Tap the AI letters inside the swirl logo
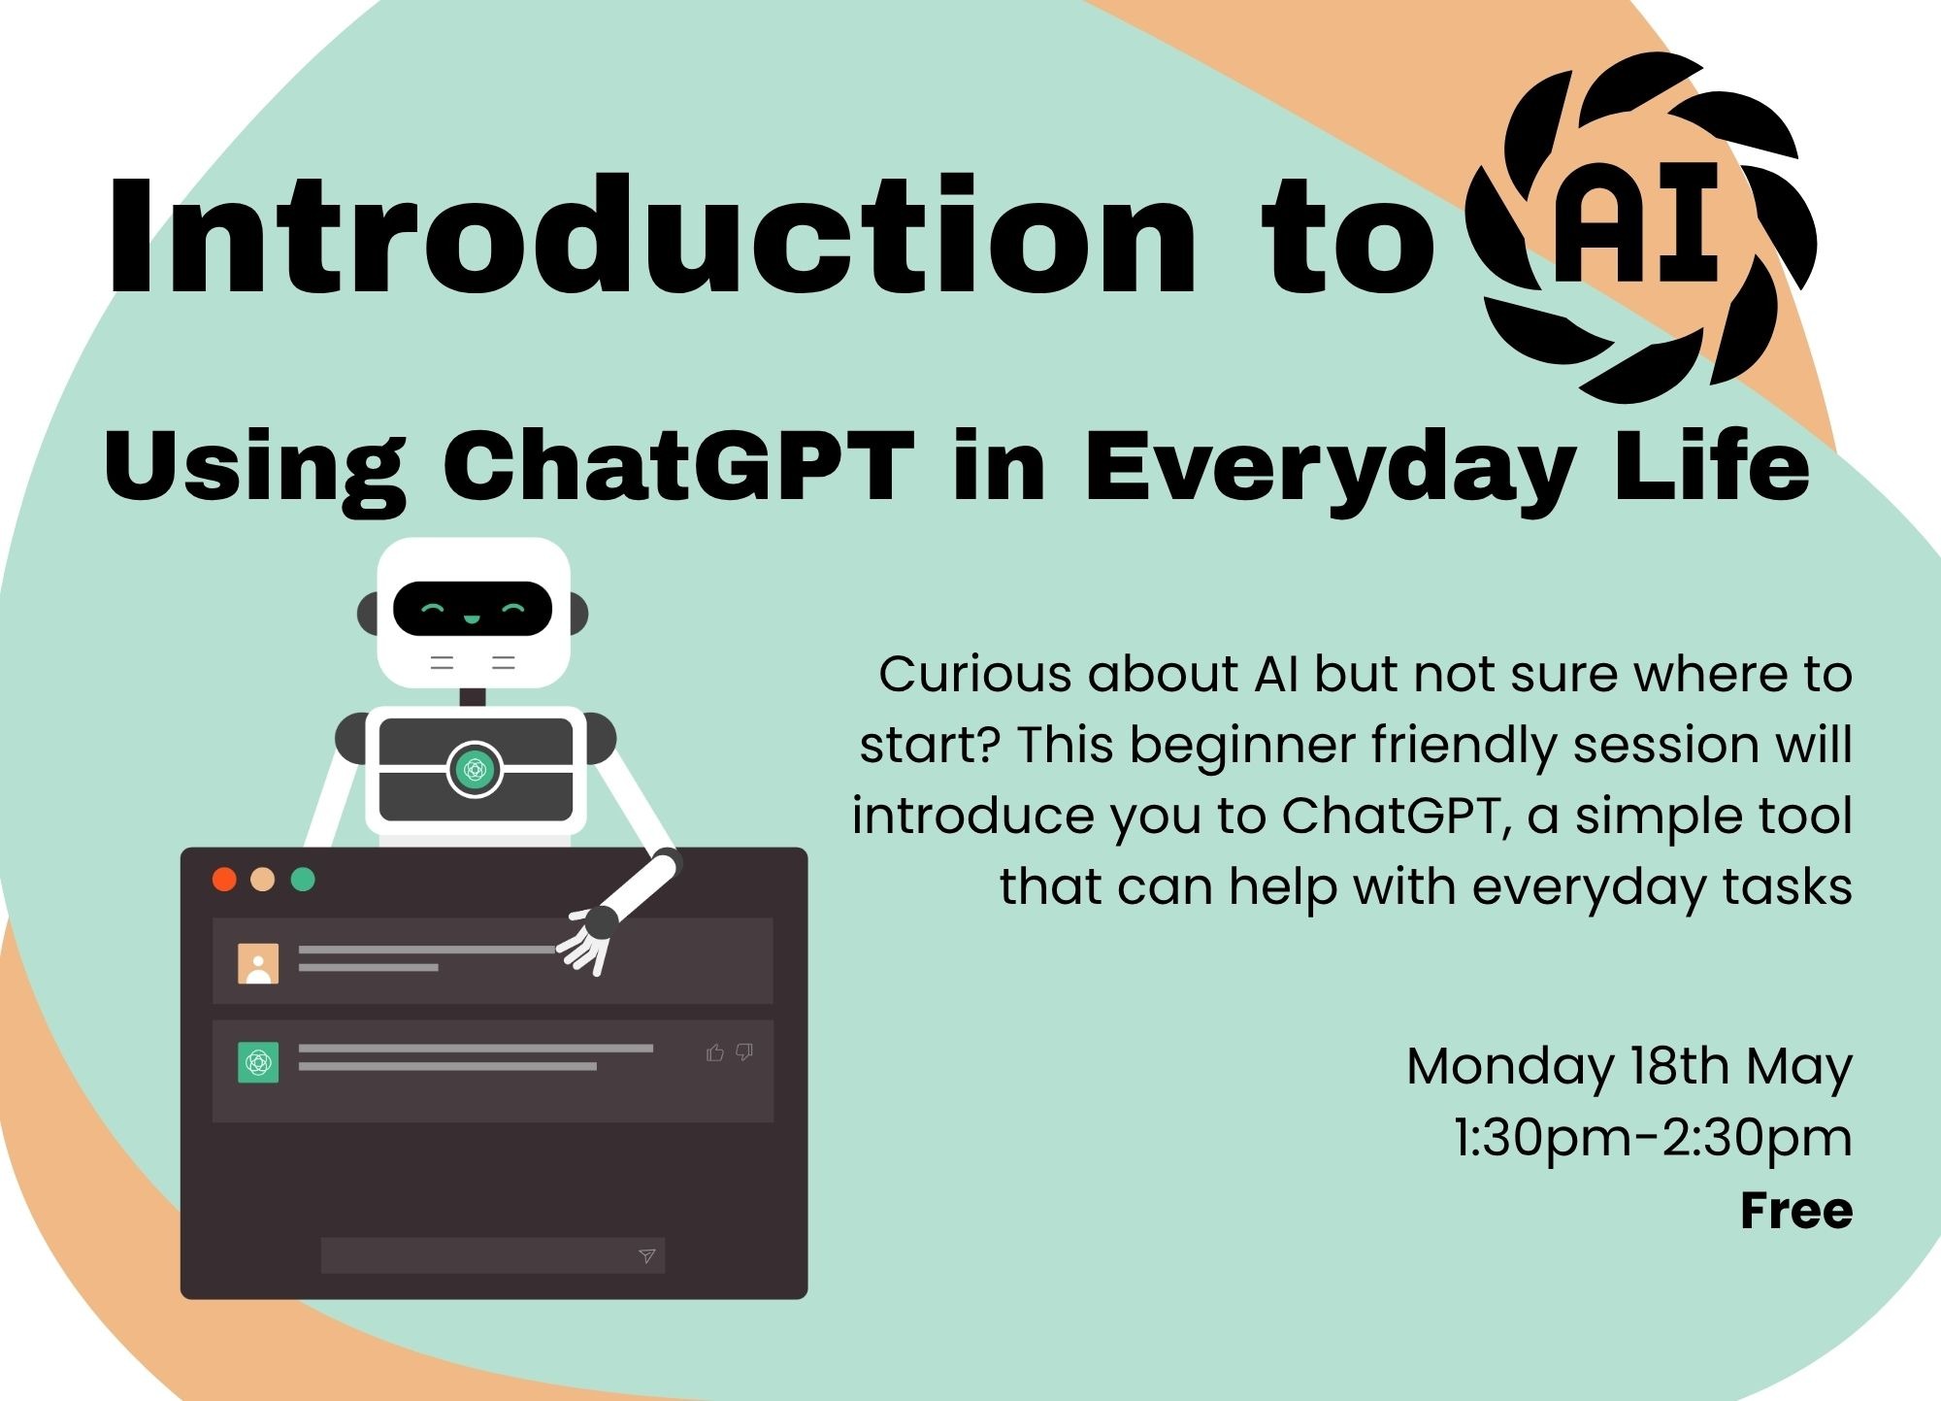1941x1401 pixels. click(1639, 225)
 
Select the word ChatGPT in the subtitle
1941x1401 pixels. click(678, 465)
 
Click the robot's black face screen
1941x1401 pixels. click(473, 609)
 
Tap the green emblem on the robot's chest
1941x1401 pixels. click(475, 770)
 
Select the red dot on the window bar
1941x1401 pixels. click(224, 880)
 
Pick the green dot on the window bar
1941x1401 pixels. click(303, 880)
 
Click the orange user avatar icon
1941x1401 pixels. click(258, 963)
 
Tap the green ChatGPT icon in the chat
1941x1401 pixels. click(258, 1062)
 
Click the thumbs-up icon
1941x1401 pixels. click(715, 1052)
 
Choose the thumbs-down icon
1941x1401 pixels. click(744, 1052)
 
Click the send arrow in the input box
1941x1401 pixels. click(647, 1255)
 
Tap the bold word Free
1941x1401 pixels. click(1796, 1210)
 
